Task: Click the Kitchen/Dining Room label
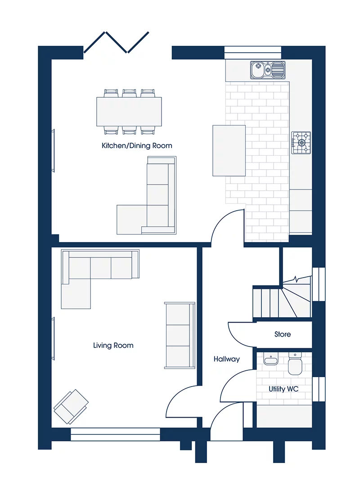tap(137, 146)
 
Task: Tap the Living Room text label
tap(113, 346)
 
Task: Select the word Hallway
tap(226, 359)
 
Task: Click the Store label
tap(283, 334)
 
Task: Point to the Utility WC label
tap(283, 389)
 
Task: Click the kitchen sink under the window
tap(268, 70)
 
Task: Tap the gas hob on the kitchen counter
tap(301, 143)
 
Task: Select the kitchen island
tap(229, 150)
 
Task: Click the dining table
tap(129, 112)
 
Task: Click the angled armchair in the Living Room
tap(71, 406)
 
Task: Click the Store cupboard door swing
tap(240, 333)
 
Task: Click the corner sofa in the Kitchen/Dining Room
tap(153, 202)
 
